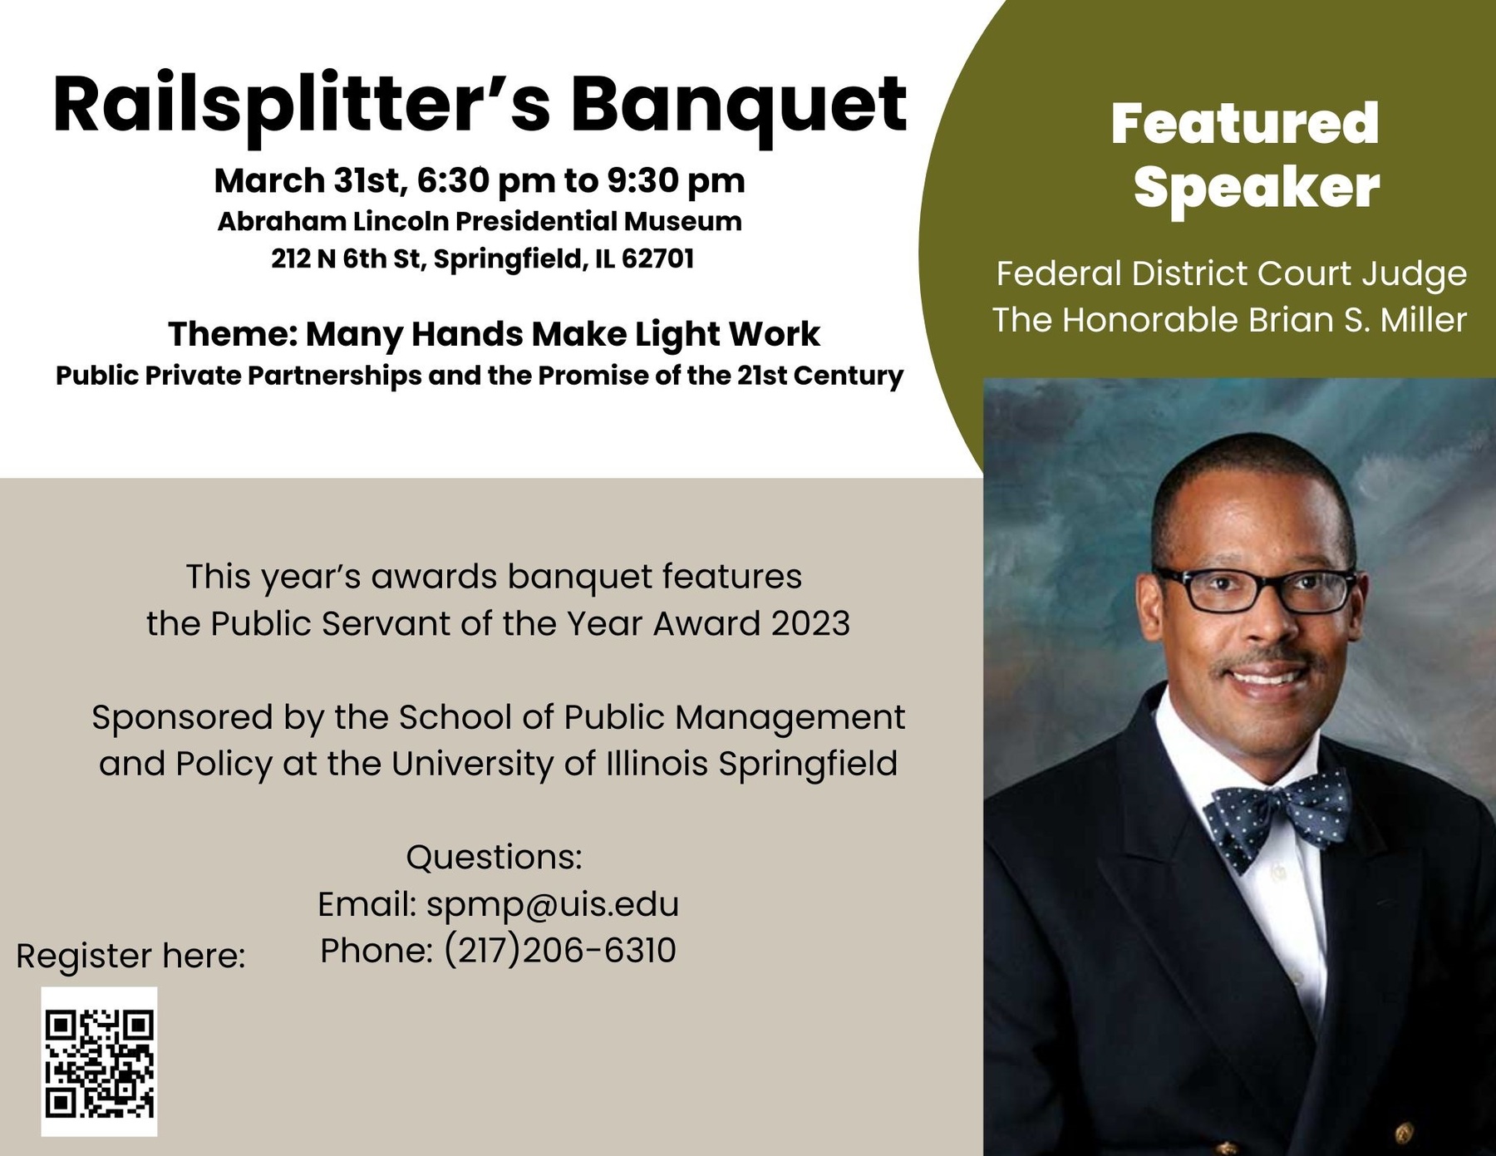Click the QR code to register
[99, 1061]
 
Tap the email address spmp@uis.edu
[553, 904]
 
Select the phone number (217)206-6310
[560, 951]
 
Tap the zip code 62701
[657, 258]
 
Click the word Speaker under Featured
[1257, 188]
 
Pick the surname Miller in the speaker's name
[1424, 320]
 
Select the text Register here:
[130, 956]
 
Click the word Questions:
[494, 857]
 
